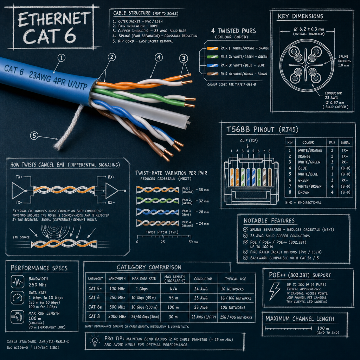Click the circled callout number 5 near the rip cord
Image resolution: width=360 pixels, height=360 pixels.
[x=34, y=135]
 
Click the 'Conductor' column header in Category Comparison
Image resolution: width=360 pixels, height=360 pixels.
[x=203, y=279]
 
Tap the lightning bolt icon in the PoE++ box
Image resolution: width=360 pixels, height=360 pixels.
[x=275, y=291]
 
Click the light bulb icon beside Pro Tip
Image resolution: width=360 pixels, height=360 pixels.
[x=95, y=340]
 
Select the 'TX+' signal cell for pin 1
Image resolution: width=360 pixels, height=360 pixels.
[x=344, y=150]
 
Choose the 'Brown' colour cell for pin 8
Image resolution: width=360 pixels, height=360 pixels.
[x=304, y=192]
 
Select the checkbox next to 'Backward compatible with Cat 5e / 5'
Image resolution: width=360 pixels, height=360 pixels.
[x=245, y=258]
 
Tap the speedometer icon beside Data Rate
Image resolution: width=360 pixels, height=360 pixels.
[x=17, y=297]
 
